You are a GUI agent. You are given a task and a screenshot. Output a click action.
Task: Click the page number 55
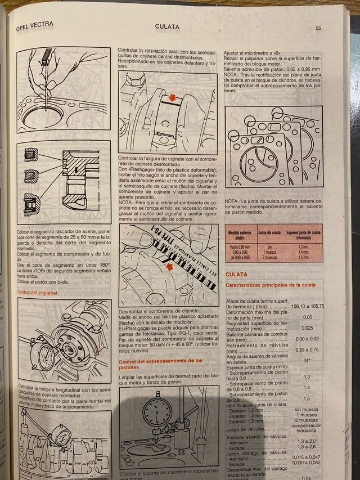pyautogui.click(x=318, y=28)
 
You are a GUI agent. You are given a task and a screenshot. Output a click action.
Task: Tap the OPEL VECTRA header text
pyautogui.click(x=34, y=25)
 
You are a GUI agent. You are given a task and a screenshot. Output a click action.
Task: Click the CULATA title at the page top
pyautogui.click(x=167, y=26)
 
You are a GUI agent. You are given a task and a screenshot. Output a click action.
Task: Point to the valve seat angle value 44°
pyautogui.click(x=307, y=360)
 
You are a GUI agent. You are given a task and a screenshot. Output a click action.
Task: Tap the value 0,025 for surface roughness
pyautogui.click(x=307, y=328)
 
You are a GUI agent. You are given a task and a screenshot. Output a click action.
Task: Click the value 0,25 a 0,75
pyautogui.click(x=307, y=349)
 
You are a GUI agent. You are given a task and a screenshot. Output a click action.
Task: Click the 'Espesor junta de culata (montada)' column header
pyautogui.click(x=304, y=235)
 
